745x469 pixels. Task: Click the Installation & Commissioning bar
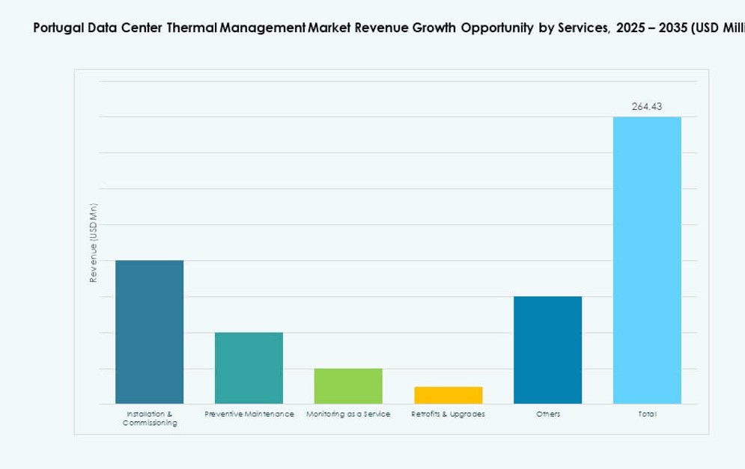click(149, 332)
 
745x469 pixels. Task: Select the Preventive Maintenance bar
click(249, 368)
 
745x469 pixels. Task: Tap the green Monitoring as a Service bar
click(348, 386)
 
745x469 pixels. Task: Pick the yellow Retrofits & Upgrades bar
click(448, 395)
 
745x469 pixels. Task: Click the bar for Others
click(547, 350)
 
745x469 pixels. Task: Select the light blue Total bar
click(647, 260)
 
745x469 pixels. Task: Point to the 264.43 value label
click(647, 107)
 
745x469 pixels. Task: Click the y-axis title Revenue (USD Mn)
click(94, 243)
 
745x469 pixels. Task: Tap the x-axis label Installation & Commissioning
click(150, 418)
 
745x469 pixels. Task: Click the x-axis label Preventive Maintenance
click(249, 414)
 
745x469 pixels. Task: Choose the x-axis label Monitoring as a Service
click(348, 414)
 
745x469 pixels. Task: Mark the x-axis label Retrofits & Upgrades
click(448, 414)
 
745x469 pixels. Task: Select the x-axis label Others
click(547, 414)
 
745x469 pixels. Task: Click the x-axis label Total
click(647, 414)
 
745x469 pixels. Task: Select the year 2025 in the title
click(634, 29)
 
